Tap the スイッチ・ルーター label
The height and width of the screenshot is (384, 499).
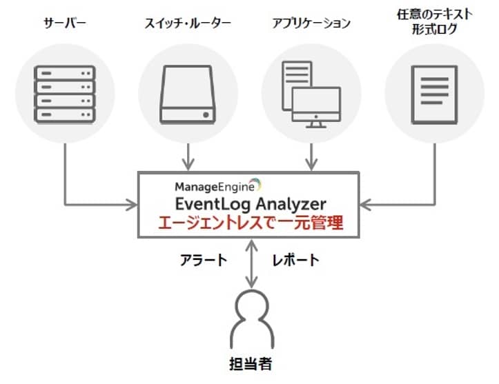186,23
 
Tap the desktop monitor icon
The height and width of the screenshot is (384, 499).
316,107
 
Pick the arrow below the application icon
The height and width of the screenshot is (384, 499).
311,156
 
